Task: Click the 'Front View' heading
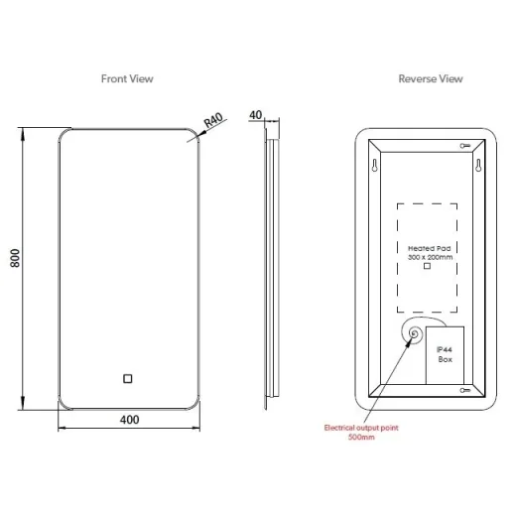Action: coord(127,77)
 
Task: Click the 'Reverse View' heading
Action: coord(431,77)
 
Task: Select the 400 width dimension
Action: coord(128,420)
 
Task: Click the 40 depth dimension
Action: coord(256,115)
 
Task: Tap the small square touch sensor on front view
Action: coord(127,378)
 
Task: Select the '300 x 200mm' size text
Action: coord(429,256)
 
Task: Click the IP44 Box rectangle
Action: coord(446,353)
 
